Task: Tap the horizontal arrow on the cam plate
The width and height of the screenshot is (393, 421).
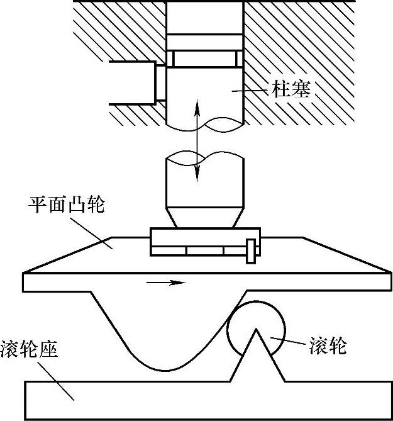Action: point(166,283)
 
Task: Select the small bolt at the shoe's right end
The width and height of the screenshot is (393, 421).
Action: point(252,250)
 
